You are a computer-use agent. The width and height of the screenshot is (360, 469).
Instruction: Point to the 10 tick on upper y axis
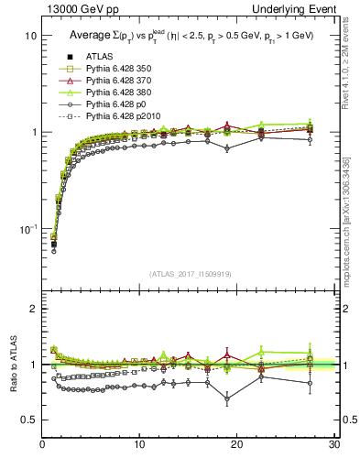click(29, 36)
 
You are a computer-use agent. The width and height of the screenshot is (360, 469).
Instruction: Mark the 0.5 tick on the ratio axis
click(29, 420)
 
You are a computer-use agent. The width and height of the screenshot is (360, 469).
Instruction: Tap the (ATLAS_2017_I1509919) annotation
click(190, 272)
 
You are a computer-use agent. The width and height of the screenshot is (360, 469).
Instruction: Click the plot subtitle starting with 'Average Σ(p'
click(192, 36)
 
